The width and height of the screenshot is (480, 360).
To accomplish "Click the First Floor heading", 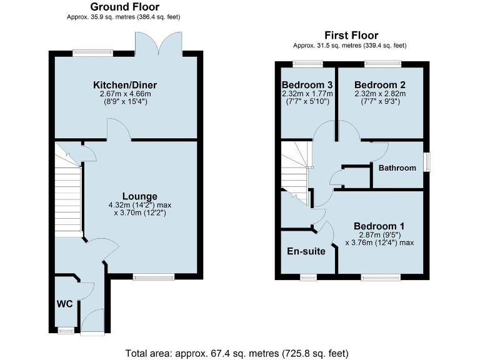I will coord(351,36).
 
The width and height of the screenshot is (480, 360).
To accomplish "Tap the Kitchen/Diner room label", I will coord(125,85).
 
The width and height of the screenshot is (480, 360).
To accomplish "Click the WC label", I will coord(65,304).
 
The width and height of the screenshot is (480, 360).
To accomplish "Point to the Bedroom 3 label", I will coord(306,85).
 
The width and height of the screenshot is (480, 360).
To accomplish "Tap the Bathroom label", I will coord(397,168).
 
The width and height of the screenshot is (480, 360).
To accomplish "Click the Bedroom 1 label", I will coord(379,226).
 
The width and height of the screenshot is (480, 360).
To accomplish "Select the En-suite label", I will coord(306,252).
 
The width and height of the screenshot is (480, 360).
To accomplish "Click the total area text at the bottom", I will coord(239,353).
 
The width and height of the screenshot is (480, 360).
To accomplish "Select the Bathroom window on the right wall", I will coord(427,162).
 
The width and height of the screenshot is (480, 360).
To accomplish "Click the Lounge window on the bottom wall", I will coord(154,276).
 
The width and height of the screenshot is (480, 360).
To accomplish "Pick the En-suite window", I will coord(308,277).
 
